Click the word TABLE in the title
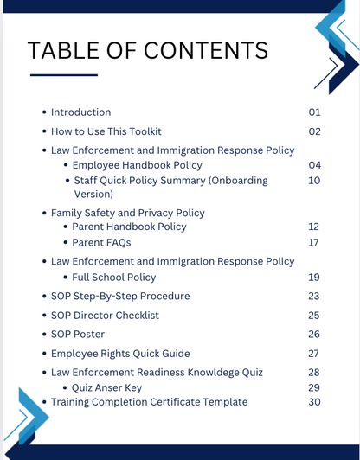click(67, 52)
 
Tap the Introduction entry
click(80, 112)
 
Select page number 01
click(315, 112)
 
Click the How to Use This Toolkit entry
click(106, 131)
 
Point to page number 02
click(315, 131)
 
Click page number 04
click(315, 165)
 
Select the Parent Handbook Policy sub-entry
click(129, 227)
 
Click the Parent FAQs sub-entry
click(101, 243)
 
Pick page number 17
click(315, 243)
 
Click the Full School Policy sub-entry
click(114, 278)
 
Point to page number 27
click(315, 354)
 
